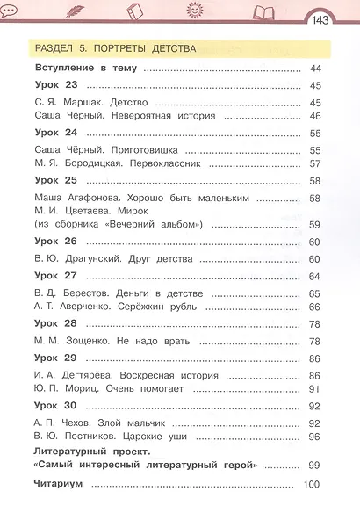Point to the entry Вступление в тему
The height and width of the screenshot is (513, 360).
point(85,68)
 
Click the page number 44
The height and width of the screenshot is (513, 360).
point(315,69)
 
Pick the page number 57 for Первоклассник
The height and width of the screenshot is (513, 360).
point(315,164)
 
